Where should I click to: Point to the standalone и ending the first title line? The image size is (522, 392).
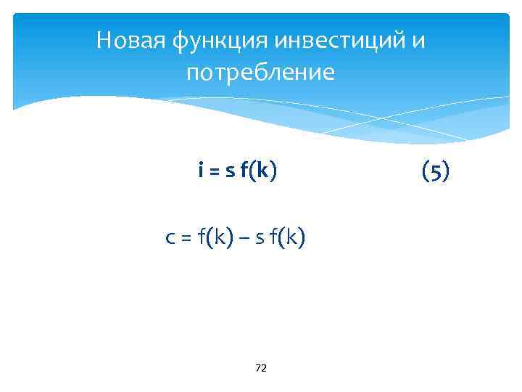pos(418,41)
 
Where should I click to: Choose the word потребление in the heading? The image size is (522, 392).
pos(261,73)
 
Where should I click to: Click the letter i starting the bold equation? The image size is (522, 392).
pos(200,171)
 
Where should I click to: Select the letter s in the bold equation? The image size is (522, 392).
pos(230,172)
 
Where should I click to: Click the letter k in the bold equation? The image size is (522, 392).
pos(262,171)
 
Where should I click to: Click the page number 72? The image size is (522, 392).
pos(261,369)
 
